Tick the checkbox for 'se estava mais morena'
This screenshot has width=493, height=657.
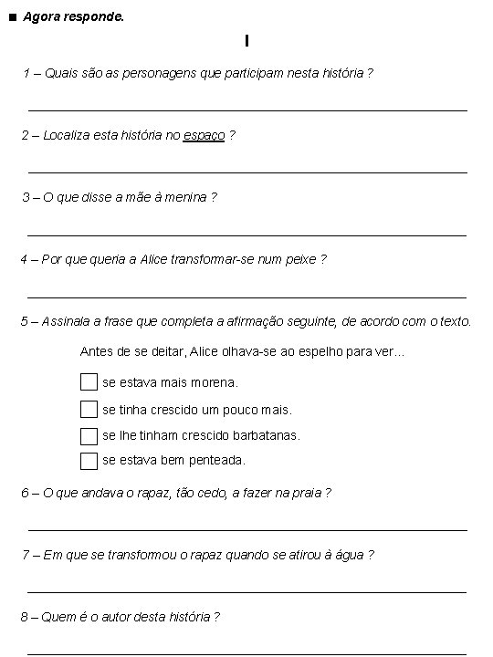coord(89,381)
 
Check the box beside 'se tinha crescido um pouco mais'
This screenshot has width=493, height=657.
coord(89,409)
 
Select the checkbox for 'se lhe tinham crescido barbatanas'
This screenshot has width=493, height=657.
coord(89,435)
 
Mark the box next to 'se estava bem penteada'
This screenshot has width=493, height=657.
coord(89,461)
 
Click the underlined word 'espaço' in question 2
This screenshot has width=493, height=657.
coord(204,136)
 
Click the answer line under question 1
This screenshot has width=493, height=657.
coord(247,110)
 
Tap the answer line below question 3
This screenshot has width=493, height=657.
coord(247,235)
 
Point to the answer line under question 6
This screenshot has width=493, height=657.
coord(247,530)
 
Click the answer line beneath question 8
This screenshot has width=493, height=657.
coord(247,653)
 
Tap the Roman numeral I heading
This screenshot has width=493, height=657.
coord(246,41)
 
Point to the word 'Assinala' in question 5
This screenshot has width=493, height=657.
coord(66,321)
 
